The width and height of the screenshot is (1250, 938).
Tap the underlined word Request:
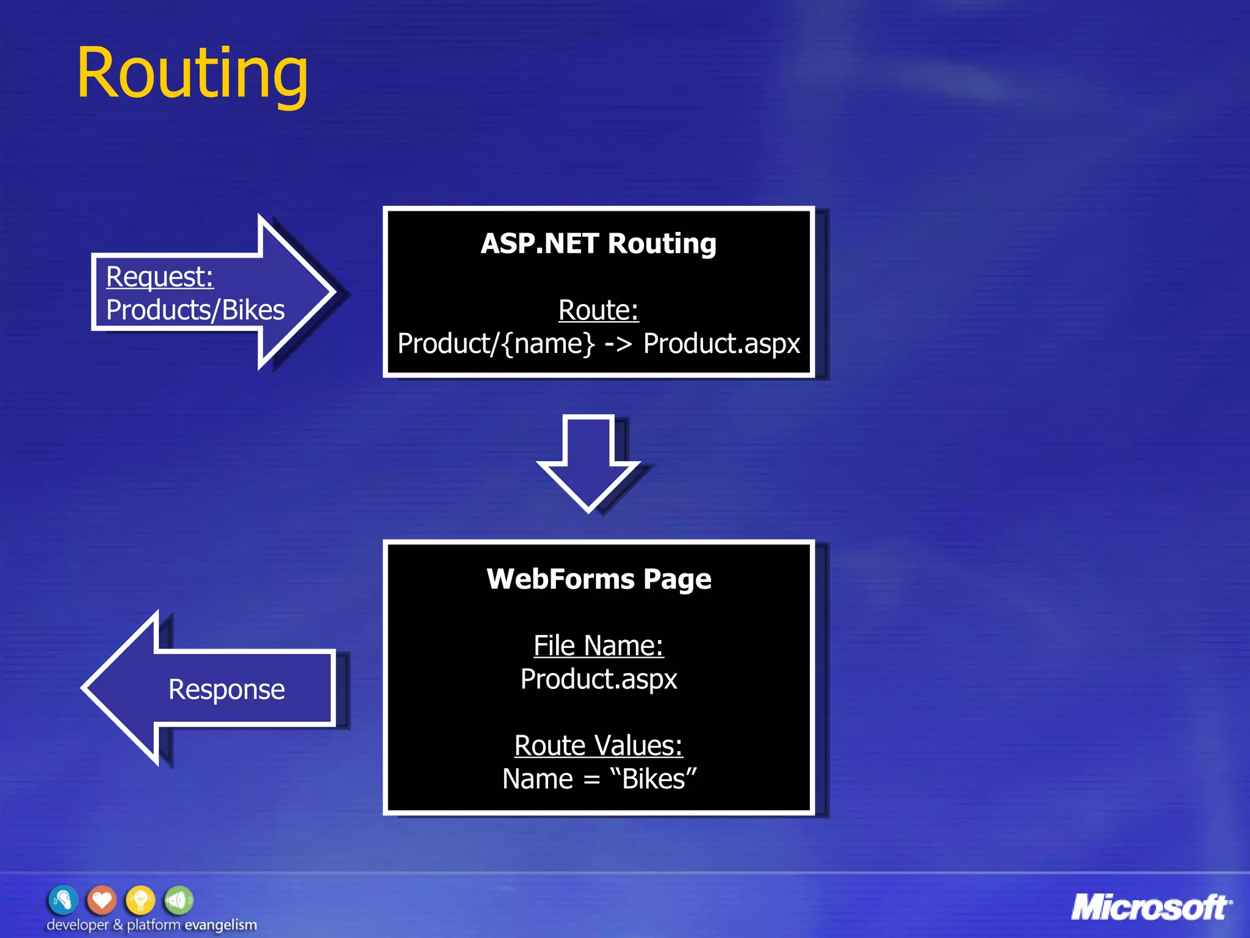(x=159, y=277)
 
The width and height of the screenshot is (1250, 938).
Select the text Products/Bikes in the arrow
(x=195, y=310)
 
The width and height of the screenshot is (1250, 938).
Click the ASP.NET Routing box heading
(x=598, y=244)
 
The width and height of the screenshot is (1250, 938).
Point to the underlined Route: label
(x=598, y=310)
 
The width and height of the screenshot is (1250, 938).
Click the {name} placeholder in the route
(x=547, y=344)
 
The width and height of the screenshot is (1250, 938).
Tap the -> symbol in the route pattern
(x=618, y=344)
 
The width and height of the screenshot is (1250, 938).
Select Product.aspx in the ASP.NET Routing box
(x=721, y=344)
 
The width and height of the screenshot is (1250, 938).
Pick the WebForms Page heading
(x=599, y=579)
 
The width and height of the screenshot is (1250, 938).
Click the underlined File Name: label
(x=598, y=645)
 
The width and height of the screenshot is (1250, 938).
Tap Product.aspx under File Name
(x=599, y=679)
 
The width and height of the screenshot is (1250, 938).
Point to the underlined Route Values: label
(x=598, y=746)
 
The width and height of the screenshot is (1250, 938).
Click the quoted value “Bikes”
(x=653, y=779)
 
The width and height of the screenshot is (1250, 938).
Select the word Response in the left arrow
(x=226, y=689)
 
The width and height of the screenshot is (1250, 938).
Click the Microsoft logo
(x=1151, y=907)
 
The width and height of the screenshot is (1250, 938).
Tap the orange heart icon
(x=102, y=900)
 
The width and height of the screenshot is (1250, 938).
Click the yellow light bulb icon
(x=140, y=900)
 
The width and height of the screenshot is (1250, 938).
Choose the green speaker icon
(x=179, y=900)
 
